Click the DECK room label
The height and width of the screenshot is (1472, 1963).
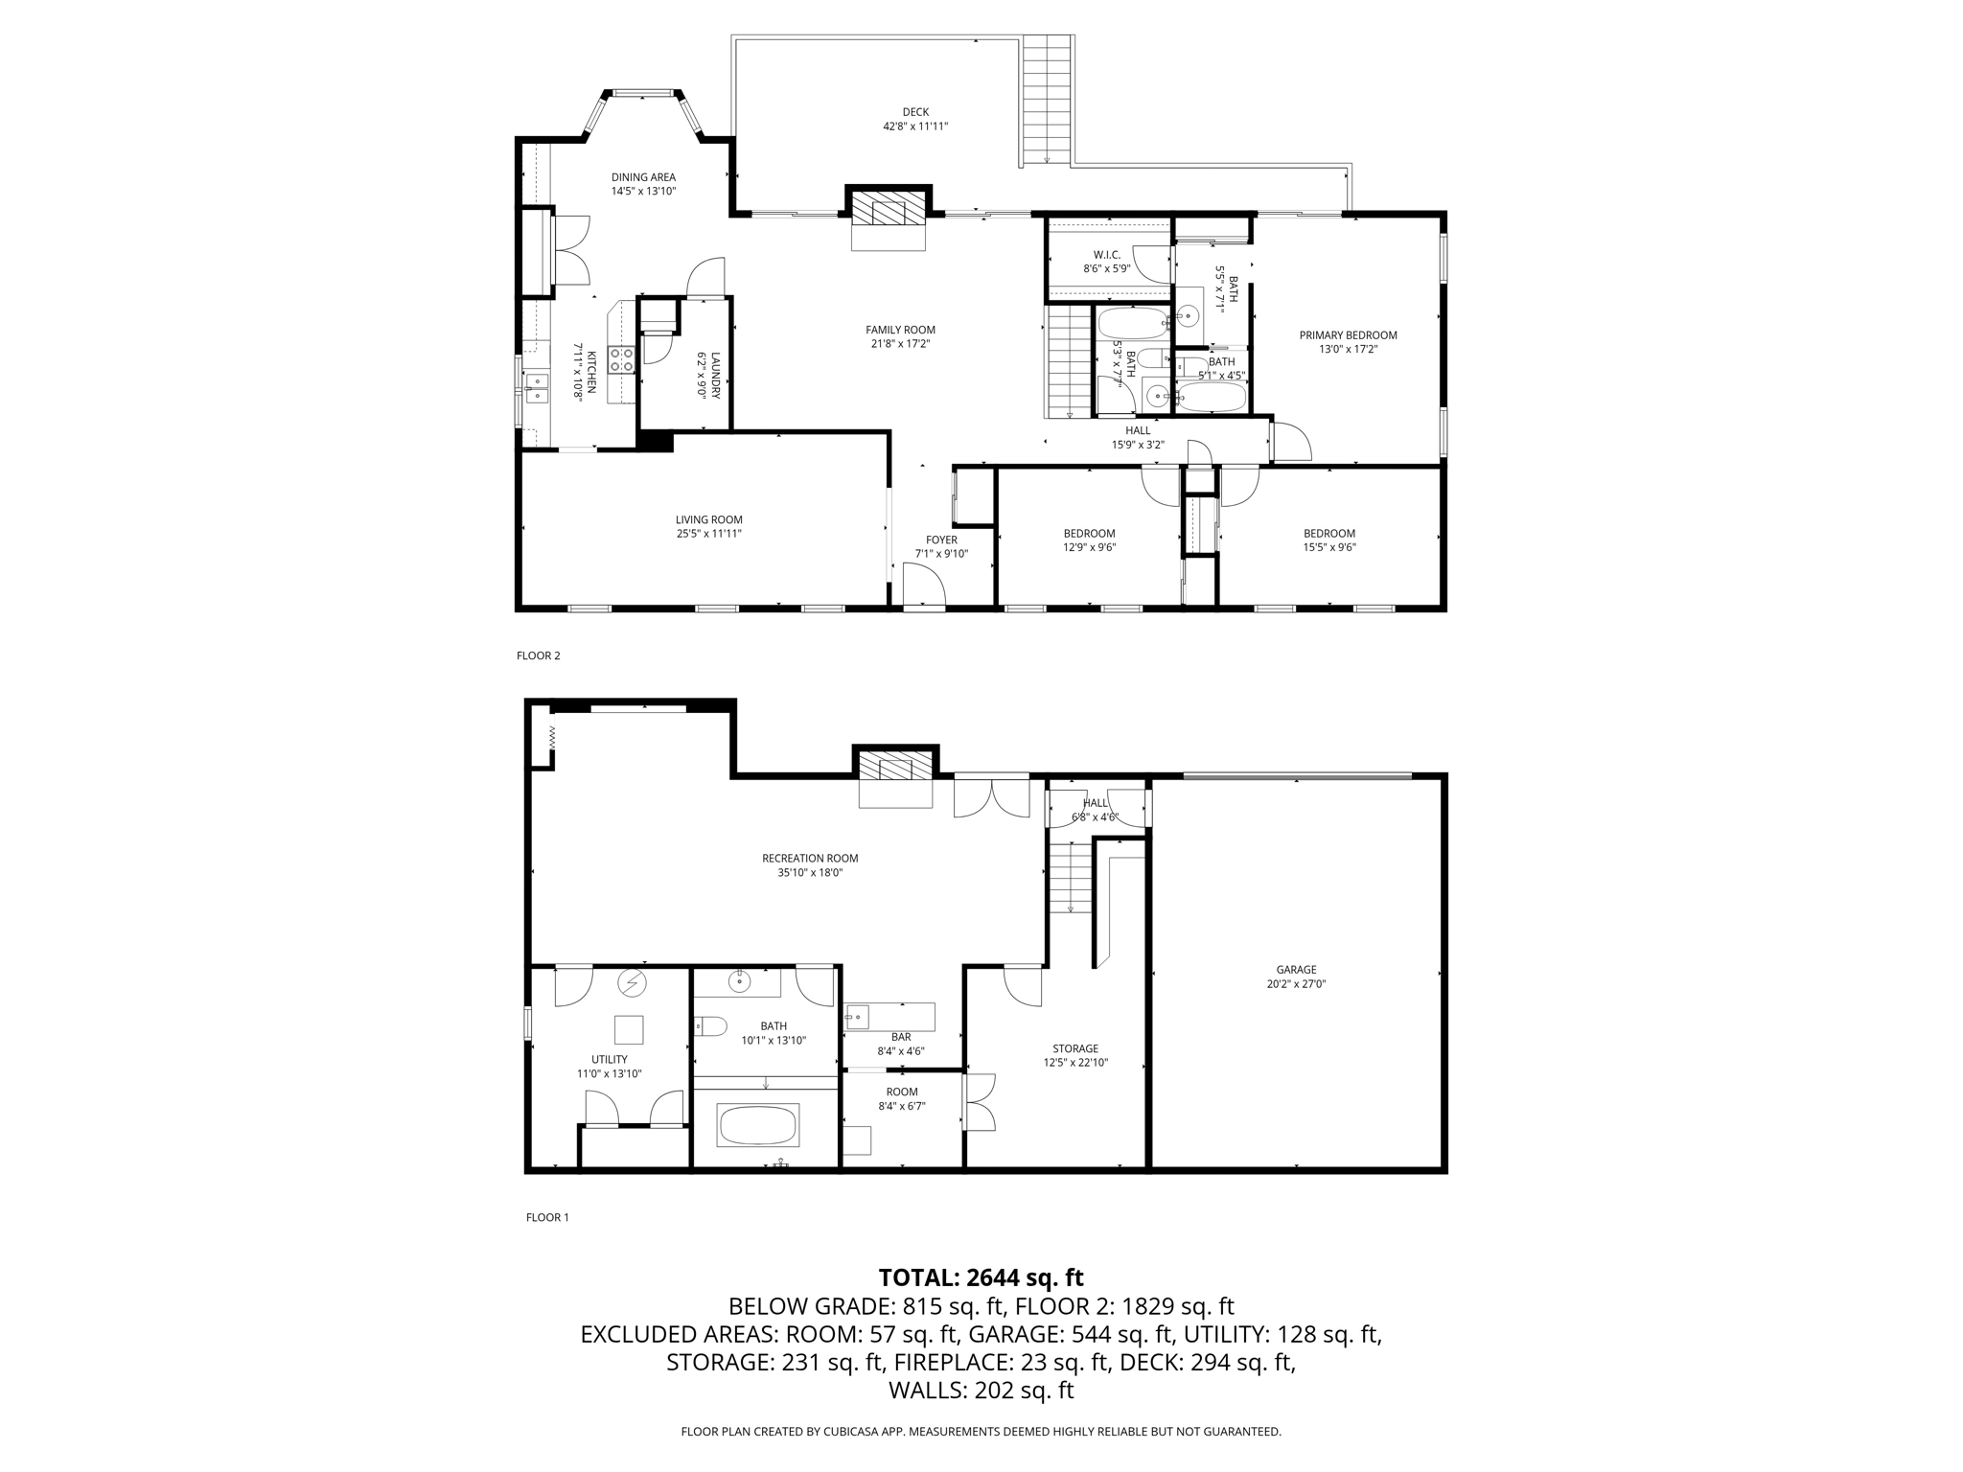[915, 112]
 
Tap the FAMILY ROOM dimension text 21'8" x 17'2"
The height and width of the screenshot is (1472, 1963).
[900, 344]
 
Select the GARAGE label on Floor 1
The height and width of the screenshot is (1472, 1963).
[1296, 970]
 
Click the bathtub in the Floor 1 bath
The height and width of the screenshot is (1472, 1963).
[757, 1125]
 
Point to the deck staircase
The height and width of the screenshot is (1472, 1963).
[1046, 100]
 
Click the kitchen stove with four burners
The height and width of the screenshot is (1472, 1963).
[621, 360]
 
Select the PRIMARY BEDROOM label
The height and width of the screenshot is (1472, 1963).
[1348, 335]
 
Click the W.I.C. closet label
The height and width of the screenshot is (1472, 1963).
[1107, 255]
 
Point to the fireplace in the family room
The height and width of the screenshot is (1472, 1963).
[889, 208]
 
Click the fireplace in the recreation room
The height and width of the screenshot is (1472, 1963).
[895, 768]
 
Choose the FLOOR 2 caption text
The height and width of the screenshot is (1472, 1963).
[538, 655]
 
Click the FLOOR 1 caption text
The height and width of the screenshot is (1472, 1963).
[547, 1217]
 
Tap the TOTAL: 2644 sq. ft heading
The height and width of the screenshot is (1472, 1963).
[981, 1277]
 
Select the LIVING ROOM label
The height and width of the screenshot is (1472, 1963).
[708, 520]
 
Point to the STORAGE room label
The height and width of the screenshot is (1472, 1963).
[1074, 1048]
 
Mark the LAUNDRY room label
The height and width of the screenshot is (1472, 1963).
[715, 375]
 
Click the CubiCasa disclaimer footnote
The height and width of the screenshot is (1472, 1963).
[981, 1432]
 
